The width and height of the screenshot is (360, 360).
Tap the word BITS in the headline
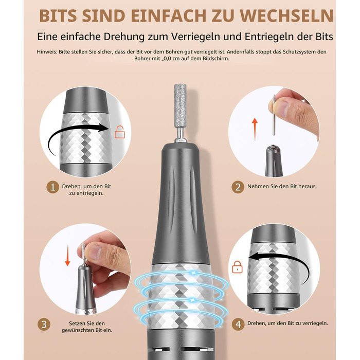(58, 16)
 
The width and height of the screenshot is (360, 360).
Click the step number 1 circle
(53, 187)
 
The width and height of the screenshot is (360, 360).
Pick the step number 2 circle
(238, 187)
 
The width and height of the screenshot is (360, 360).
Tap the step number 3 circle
(44, 325)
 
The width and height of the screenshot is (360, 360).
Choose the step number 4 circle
(238, 325)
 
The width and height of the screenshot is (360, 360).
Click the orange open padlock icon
(120, 132)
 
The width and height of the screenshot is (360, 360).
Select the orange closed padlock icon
(237, 267)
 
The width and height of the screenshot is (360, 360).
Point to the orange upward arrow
(255, 129)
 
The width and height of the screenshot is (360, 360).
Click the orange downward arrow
(67, 255)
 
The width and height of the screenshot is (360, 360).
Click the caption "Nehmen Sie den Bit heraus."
(282, 186)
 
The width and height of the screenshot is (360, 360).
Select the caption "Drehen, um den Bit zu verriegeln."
(287, 323)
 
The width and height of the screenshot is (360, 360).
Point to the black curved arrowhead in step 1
(103, 128)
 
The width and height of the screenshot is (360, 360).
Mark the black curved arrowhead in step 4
(255, 257)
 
